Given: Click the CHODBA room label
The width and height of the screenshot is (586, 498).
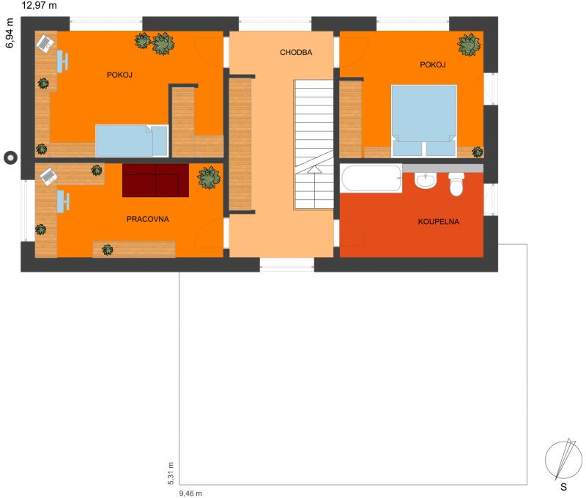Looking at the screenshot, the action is tap(296, 52).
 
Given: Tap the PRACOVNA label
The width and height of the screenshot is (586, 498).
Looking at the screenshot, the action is tap(148, 219).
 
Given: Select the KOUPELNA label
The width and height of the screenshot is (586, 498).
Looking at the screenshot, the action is tap(438, 222).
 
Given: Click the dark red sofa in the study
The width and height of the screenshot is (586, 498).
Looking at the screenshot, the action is tap(155, 180).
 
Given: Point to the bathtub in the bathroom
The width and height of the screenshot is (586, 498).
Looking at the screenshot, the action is tap(371, 179).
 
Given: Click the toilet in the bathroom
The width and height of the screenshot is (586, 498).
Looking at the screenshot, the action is tap(456, 184).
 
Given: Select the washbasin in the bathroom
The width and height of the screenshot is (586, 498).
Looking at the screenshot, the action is tap(426, 180).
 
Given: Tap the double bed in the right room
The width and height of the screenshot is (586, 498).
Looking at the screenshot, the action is tap(424, 121).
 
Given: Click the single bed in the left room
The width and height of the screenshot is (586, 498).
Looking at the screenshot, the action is tap(132, 141).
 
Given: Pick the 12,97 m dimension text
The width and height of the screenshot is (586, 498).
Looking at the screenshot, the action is tap(40, 5).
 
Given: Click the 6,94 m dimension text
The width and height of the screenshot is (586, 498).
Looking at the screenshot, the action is tap(10, 33).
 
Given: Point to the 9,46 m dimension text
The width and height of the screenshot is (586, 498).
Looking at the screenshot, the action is tap(190, 494).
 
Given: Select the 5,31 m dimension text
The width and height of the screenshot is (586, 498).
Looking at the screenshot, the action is tap(171, 473).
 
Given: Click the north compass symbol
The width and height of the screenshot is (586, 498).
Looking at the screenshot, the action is tap(563, 459).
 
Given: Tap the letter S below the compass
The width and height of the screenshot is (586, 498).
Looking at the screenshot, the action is tap(563, 487).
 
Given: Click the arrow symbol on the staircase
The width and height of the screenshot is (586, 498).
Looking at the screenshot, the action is tap(314, 170).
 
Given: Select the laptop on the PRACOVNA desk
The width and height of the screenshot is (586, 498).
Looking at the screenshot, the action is tap(48, 176).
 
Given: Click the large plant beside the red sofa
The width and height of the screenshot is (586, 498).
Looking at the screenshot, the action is tap(209, 177).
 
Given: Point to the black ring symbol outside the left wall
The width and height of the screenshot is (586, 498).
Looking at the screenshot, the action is tap(10, 158).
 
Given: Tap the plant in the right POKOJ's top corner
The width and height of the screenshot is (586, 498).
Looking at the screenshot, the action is tap(469, 45).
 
